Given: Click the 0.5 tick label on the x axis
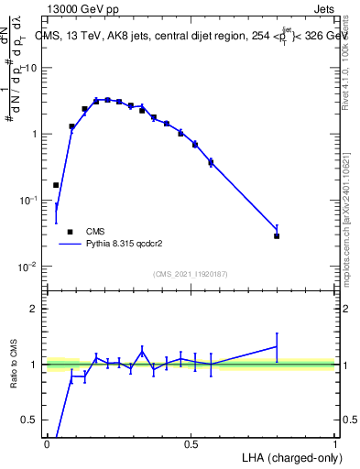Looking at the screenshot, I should click(x=191, y=443).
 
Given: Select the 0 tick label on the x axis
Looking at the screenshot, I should click(x=47, y=443).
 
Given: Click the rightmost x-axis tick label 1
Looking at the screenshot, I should click(x=335, y=443).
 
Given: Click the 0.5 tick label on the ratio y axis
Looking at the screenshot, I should click(x=30, y=420).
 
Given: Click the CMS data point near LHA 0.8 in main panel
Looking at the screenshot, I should click(x=277, y=236).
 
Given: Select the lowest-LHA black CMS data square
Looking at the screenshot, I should click(x=56, y=185).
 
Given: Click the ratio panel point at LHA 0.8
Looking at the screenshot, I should click(x=277, y=346).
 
